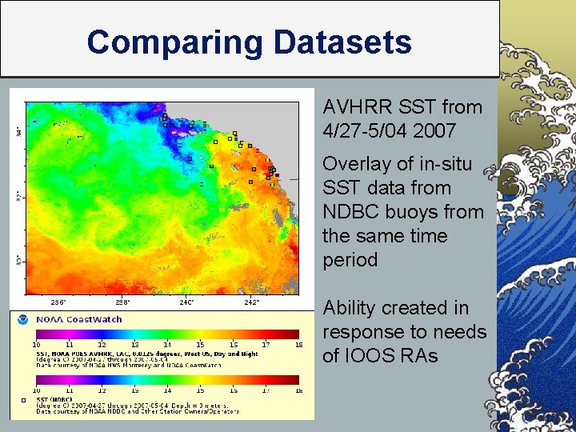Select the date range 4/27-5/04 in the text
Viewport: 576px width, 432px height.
366,131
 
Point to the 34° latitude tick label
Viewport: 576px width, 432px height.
18,130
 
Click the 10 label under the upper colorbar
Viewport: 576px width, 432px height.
36,345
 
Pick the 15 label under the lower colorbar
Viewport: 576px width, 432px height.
201,390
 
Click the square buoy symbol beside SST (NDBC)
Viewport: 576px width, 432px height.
23,399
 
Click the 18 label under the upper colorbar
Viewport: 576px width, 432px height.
298,345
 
